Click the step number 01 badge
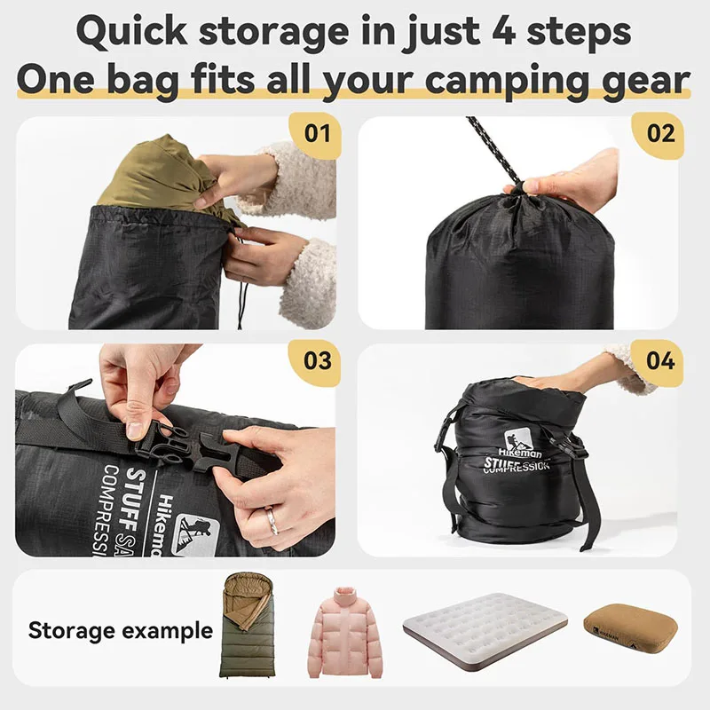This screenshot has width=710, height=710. click(x=316, y=133)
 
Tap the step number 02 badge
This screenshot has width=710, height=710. click(x=660, y=133)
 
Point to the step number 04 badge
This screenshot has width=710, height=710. click(x=660, y=361)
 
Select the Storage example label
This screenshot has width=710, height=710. click(x=121, y=631)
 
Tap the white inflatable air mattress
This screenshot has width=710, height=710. click(x=484, y=625)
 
